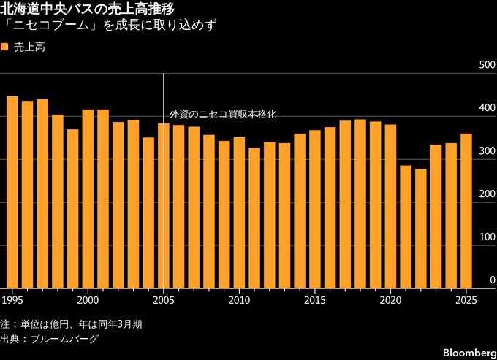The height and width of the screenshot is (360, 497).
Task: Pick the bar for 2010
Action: coord(239,212)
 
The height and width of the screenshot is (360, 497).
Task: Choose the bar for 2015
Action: coord(315,209)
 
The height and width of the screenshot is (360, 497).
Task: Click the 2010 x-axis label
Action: coord(239,300)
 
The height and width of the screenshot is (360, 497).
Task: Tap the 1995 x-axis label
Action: coord(12,300)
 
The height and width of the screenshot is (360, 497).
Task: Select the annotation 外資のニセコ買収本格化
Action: coord(223,115)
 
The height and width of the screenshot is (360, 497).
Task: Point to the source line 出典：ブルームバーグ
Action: coord(49,339)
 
